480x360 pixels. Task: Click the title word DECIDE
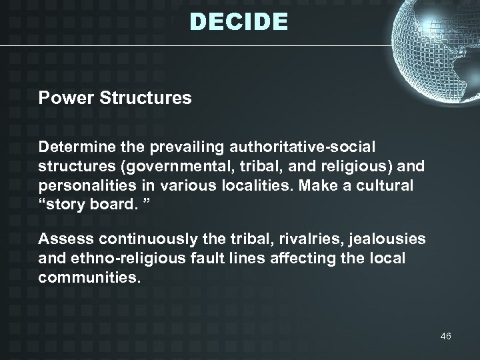tap(239, 23)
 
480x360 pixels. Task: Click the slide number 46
tap(445, 336)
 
